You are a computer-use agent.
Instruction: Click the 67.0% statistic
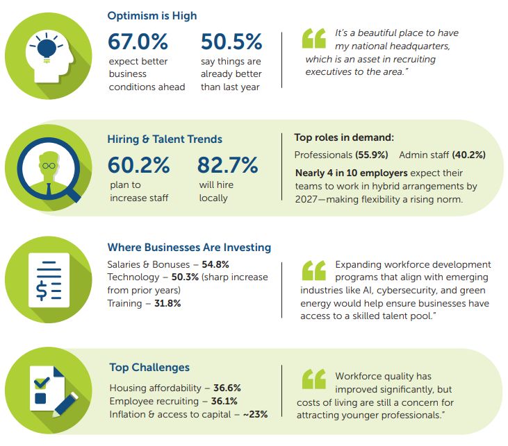(138, 42)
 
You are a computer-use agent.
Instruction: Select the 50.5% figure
(231, 42)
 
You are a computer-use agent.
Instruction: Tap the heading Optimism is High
(151, 15)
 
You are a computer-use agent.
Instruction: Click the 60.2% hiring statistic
(138, 165)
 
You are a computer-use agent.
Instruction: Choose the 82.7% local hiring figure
(227, 165)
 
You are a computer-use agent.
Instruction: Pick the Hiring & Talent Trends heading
(165, 139)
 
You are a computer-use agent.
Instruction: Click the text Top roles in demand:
(344, 137)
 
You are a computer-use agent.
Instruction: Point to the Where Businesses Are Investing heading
(189, 247)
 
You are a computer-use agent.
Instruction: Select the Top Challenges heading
(149, 367)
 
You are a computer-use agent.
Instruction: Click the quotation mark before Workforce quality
(313, 378)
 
